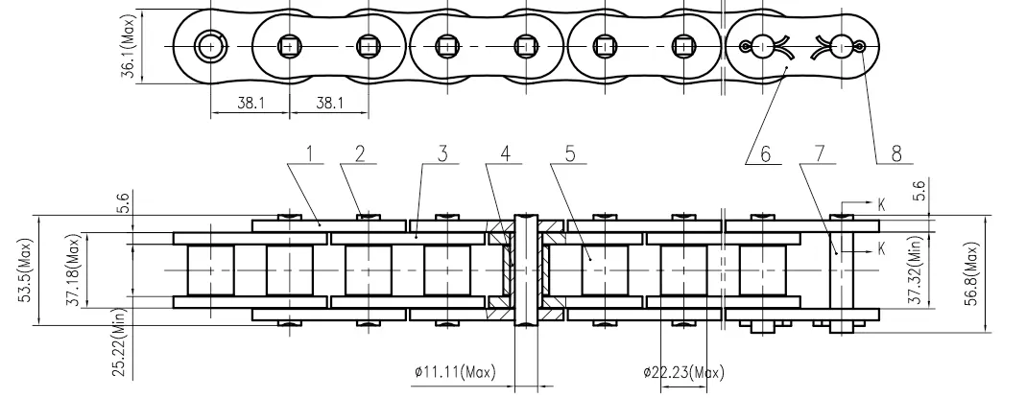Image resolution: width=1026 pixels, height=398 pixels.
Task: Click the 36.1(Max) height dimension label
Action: click(128, 45)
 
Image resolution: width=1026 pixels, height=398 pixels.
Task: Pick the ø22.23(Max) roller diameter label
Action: click(684, 372)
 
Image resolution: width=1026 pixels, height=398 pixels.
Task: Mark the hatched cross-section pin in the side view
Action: click(526, 270)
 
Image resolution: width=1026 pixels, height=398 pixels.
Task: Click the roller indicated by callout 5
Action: click(605, 270)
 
